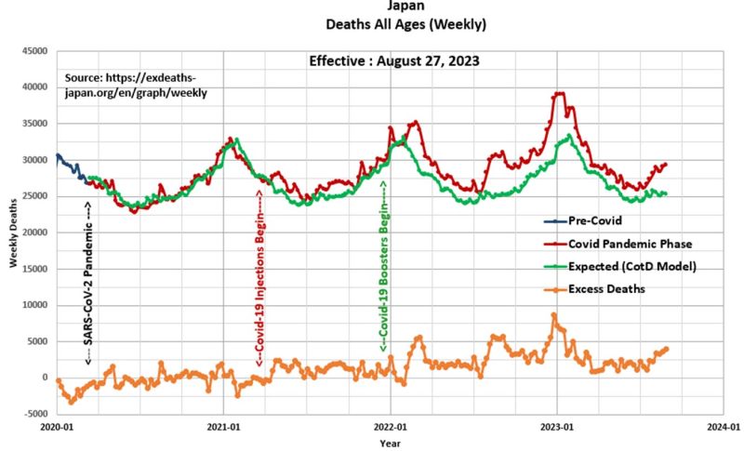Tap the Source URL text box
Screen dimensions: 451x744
pyautogui.click(x=136, y=86)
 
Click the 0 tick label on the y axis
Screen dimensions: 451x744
pyautogui.click(x=44, y=378)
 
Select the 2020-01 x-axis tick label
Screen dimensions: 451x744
pyautogui.click(x=57, y=429)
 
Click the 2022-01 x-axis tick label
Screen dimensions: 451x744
pyautogui.click(x=391, y=429)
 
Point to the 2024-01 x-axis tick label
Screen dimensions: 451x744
pyautogui.click(x=723, y=429)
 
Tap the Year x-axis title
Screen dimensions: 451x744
pyautogui.click(x=391, y=444)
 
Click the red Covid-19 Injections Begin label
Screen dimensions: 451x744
pyautogui.click(x=259, y=278)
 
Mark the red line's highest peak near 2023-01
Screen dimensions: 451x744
pyautogui.click(x=558, y=93)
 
